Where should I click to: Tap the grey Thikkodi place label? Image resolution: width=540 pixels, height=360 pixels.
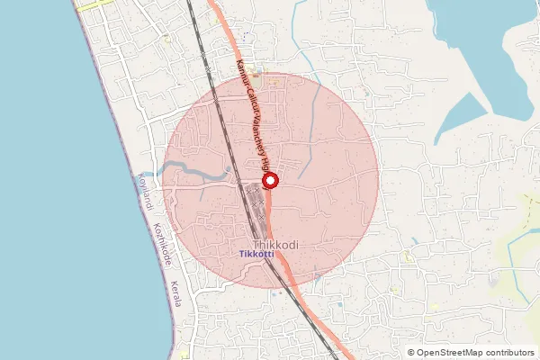coord(276,244)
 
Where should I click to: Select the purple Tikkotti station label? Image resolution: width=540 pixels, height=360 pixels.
coord(257,255)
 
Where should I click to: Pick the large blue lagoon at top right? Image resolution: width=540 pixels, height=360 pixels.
coord(486,54)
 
